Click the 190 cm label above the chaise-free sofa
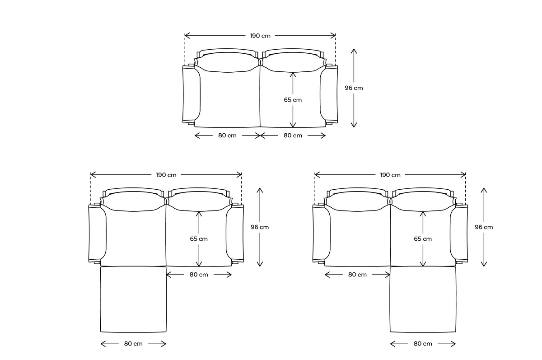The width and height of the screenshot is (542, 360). (260, 36)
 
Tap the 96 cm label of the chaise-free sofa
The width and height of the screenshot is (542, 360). (354, 88)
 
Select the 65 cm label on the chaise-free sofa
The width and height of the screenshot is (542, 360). (293, 100)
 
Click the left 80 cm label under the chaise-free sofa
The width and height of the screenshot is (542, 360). (227, 136)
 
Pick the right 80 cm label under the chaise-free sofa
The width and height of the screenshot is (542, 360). (293, 136)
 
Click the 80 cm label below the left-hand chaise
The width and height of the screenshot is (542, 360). (133, 344)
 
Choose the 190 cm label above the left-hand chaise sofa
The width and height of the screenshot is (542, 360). (166, 175)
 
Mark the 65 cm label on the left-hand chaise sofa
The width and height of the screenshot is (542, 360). (199, 238)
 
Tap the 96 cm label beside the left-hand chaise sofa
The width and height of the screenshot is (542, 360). (260, 227)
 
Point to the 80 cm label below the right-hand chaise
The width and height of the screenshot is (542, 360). (423, 344)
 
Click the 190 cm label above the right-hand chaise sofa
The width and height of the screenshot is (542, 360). (390, 175)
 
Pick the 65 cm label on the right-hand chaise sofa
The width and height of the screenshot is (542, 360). (423, 238)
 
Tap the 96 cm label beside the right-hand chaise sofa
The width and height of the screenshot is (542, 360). (484, 227)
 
